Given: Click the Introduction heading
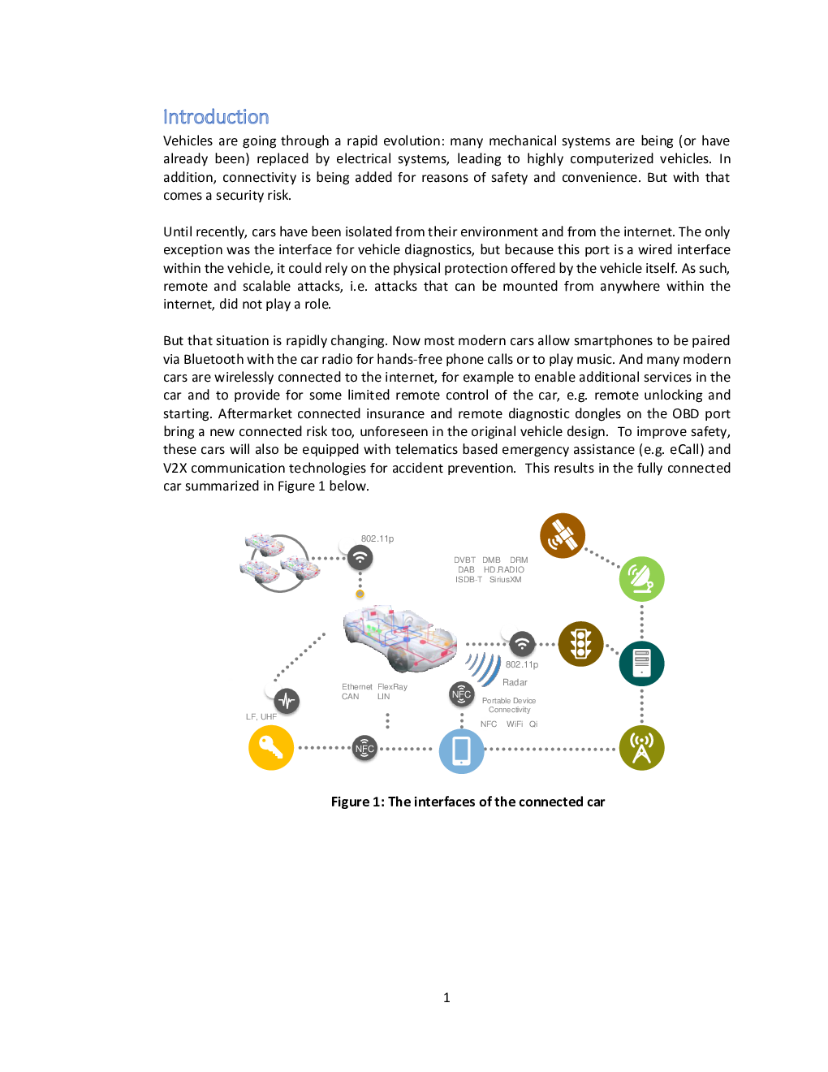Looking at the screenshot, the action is (215, 117).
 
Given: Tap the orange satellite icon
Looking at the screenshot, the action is (563, 535).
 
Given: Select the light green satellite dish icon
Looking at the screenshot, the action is (641, 579).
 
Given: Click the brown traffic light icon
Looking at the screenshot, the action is (581, 644).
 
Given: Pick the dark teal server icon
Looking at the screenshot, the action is (641, 664).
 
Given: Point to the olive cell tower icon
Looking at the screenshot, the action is (641, 748).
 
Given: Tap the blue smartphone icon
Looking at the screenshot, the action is (462, 751).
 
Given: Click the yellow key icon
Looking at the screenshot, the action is (271, 747).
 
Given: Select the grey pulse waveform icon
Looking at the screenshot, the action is (287, 701).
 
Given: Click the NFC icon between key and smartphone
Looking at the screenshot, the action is (364, 749).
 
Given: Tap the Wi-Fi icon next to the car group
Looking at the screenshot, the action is (360, 558).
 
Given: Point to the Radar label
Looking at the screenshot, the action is (515, 682).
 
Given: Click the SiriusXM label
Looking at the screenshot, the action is (506, 580).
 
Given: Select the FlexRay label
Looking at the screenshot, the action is (393, 687).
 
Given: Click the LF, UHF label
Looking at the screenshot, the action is (261, 716).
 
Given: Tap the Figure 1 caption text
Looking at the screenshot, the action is (468, 802).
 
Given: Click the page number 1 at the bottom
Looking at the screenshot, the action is (446, 998).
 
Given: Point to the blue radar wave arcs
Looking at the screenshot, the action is (484, 669).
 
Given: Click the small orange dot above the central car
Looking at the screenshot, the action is (360, 594).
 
